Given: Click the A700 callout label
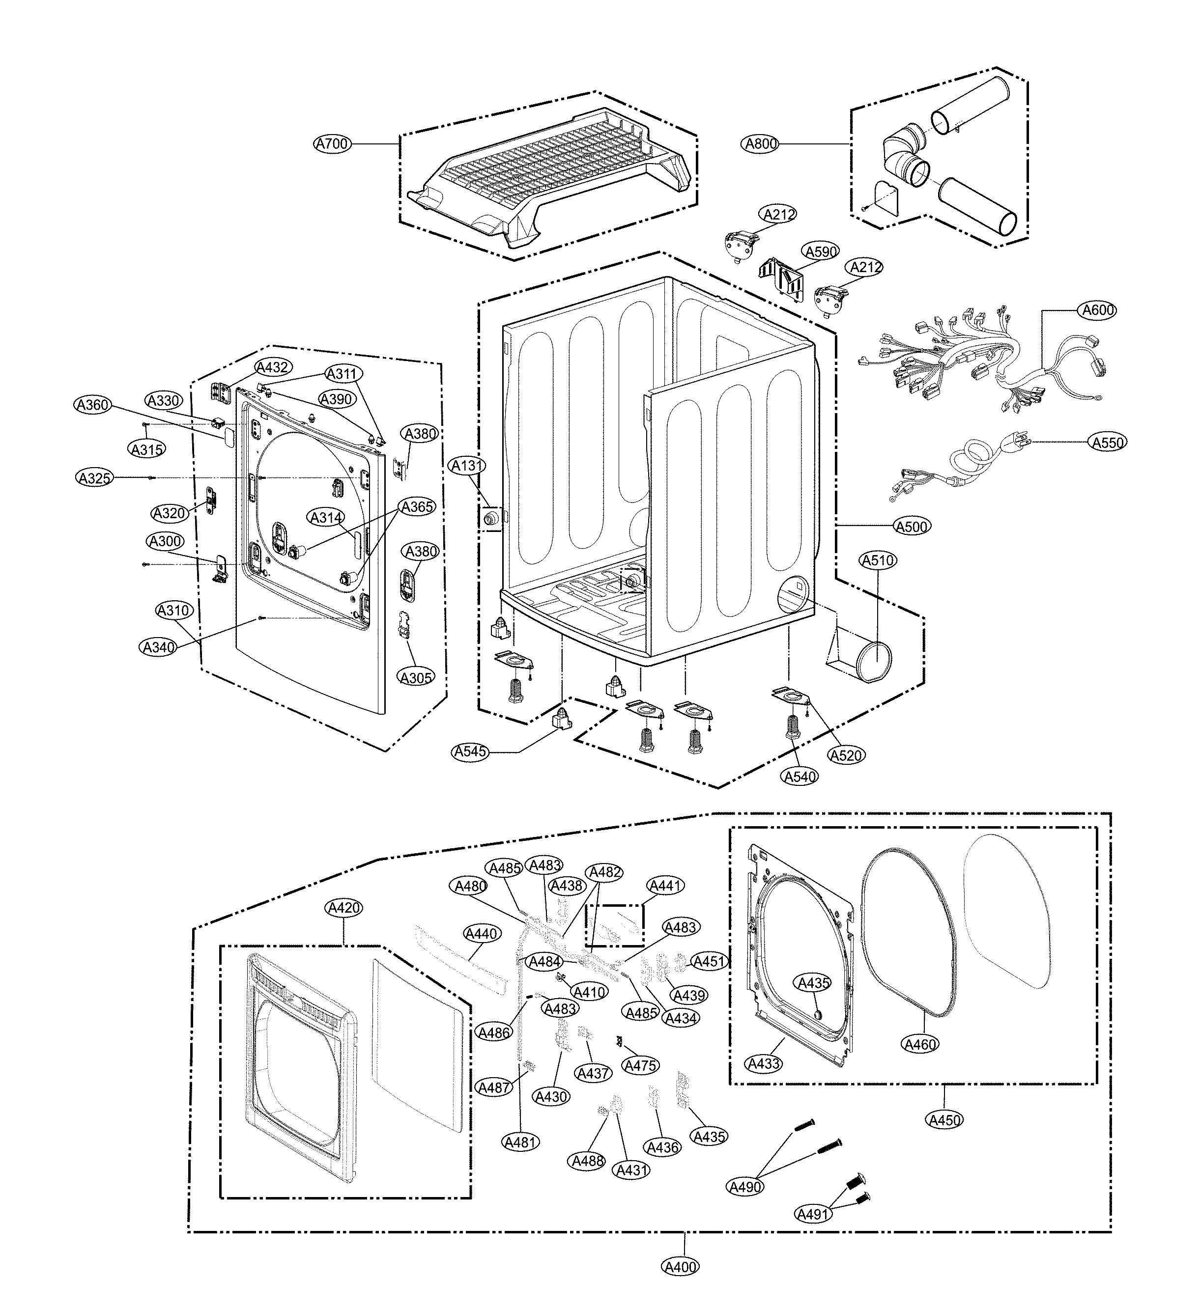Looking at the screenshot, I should [x=332, y=143].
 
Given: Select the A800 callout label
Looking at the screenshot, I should [x=761, y=143].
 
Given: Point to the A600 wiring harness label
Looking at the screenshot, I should [x=1098, y=310].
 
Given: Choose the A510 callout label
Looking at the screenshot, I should [x=878, y=560].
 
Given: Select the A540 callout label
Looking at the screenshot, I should [x=800, y=777].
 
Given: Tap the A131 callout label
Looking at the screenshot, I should [x=467, y=465].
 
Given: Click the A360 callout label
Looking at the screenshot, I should [x=93, y=405].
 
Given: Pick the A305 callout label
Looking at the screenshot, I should [x=416, y=678].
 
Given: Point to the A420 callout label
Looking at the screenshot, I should [x=344, y=908].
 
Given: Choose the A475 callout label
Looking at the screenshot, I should [x=640, y=1066].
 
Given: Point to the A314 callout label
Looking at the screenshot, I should [x=326, y=517].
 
